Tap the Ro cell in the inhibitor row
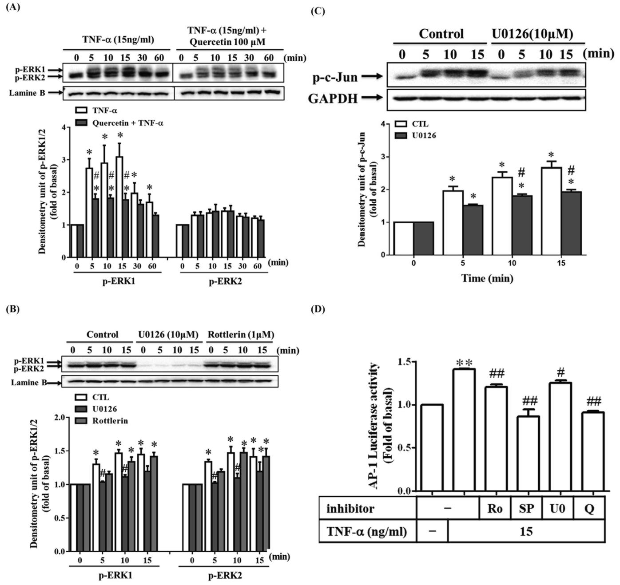(495, 508)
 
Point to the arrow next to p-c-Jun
(372, 77)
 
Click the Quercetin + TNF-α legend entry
(121, 123)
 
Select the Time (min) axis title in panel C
(487, 278)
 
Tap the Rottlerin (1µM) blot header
(240, 334)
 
